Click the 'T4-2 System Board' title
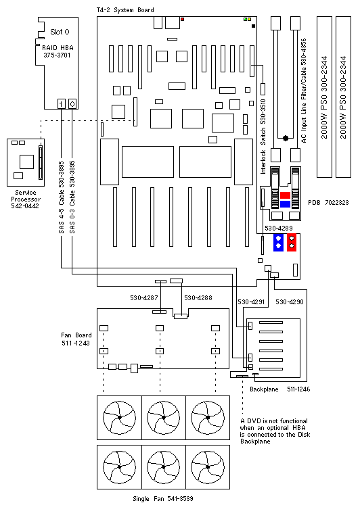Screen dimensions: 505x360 (125, 10)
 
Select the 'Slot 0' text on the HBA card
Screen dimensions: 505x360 (58, 32)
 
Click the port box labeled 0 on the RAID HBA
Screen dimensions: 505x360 (72, 103)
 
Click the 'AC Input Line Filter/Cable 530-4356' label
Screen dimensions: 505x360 (303, 87)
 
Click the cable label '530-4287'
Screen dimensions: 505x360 (144, 297)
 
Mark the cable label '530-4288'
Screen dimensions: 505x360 (198, 297)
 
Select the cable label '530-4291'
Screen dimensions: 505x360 (252, 301)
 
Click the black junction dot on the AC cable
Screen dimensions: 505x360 (286, 138)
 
